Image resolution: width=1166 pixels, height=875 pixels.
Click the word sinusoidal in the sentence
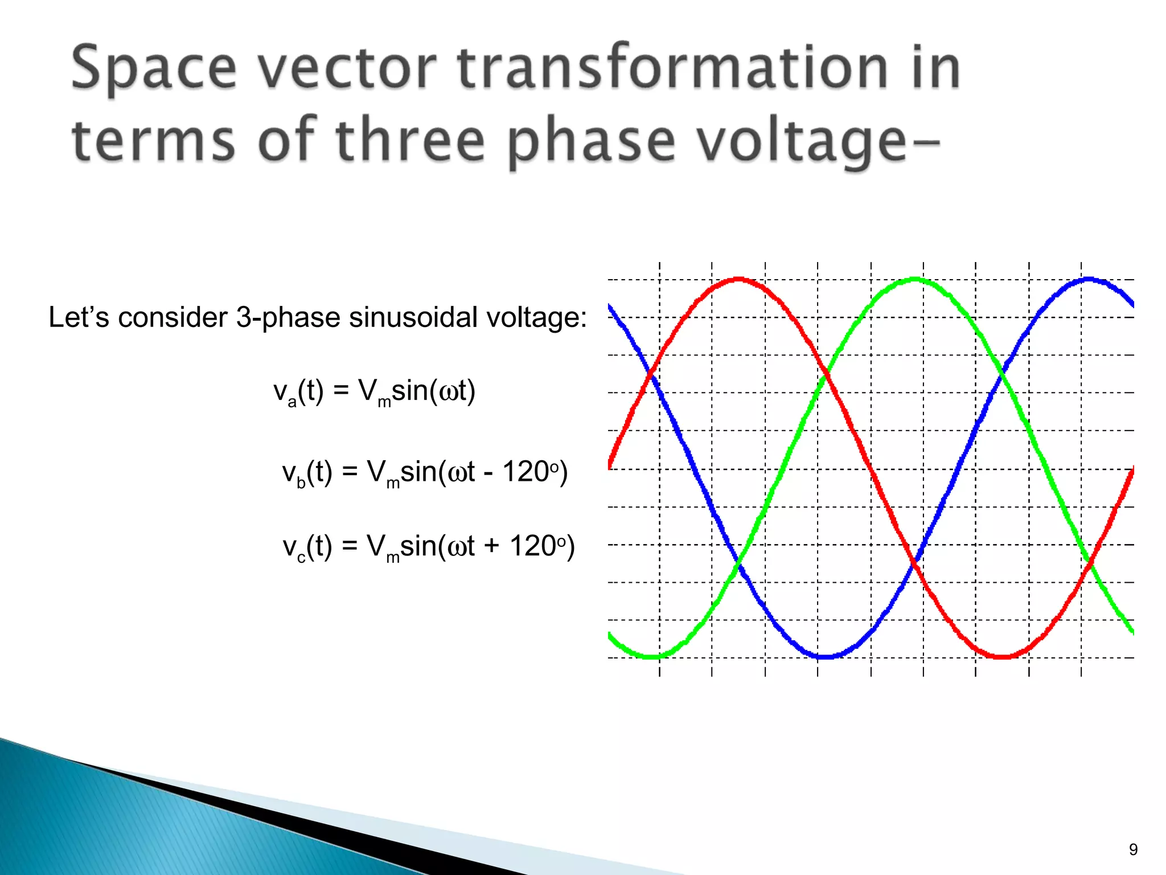[413, 317]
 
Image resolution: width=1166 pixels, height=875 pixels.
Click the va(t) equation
[374, 392]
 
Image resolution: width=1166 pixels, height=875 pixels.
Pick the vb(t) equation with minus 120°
[425, 473]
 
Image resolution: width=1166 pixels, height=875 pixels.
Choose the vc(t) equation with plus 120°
[429, 547]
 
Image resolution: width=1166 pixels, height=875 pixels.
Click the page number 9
[1133, 849]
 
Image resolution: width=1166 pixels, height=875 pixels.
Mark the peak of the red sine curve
[738, 279]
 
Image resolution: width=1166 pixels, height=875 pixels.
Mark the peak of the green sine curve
[914, 279]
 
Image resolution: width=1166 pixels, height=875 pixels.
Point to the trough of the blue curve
[825, 657]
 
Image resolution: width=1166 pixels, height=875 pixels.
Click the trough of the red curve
[1002, 657]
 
